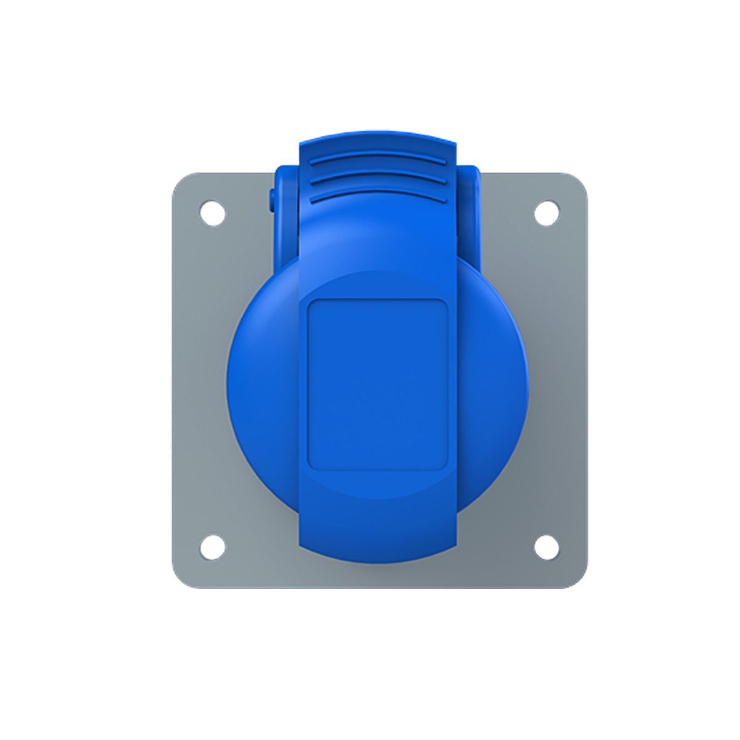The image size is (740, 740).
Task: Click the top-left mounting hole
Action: pos(213,213)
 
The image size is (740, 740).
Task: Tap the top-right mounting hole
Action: pos(546,213)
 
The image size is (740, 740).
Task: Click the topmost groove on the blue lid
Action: pos(378,158)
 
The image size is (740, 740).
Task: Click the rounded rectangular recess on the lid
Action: pos(377,385)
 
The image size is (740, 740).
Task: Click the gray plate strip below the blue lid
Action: pos(377,576)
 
